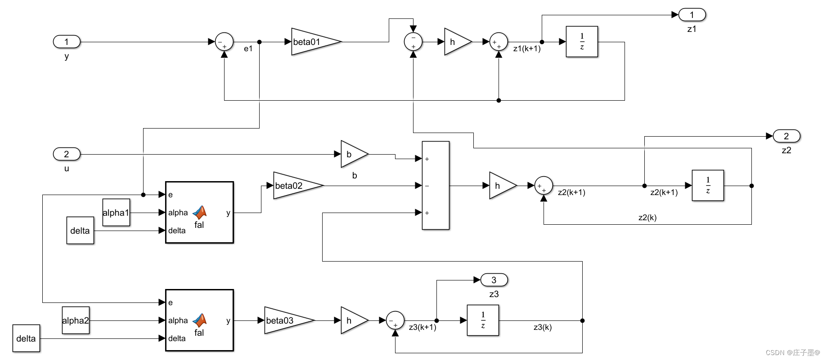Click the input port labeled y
[67, 42]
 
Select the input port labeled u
[67, 154]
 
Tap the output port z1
[692, 15]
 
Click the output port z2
[786, 136]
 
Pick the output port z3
[494, 280]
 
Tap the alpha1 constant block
[116, 213]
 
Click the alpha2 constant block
[76, 320]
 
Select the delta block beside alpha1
[80, 231]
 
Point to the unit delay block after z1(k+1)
[582, 42]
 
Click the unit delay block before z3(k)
[483, 320]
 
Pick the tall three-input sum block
[436, 186]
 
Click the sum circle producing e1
[224, 42]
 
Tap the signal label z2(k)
[647, 218]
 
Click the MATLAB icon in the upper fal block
[199, 212]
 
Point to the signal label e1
[248, 49]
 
